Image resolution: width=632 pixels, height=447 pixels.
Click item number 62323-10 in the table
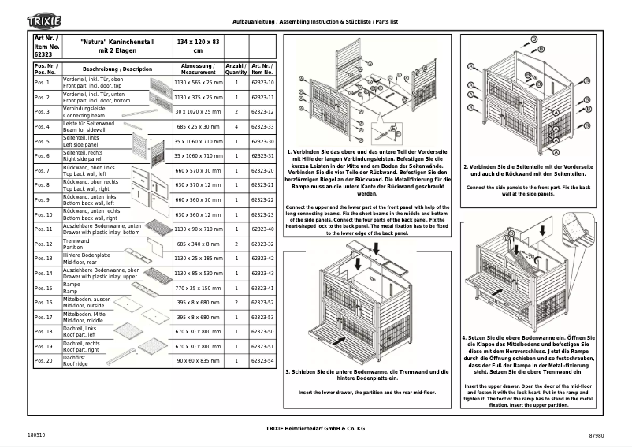coord(262,83)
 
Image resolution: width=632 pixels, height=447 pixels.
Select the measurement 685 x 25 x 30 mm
coord(198,127)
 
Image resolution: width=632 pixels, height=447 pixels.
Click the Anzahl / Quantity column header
coord(236,69)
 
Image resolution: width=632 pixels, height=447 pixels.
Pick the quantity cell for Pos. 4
coord(236,127)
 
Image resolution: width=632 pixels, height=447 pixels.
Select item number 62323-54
coord(262,361)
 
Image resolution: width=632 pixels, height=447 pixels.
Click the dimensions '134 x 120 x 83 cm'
coord(198,45)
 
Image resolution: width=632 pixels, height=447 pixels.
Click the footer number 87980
coord(596,435)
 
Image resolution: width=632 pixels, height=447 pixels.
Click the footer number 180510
coord(35,435)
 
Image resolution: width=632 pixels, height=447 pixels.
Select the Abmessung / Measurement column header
coord(198,69)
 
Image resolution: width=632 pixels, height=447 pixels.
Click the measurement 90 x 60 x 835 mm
coord(198,361)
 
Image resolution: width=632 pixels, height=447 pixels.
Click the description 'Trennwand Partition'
coord(77,244)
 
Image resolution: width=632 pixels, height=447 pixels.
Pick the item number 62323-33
coord(262,127)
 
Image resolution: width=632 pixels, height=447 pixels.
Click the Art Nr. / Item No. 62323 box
coord(46,45)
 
